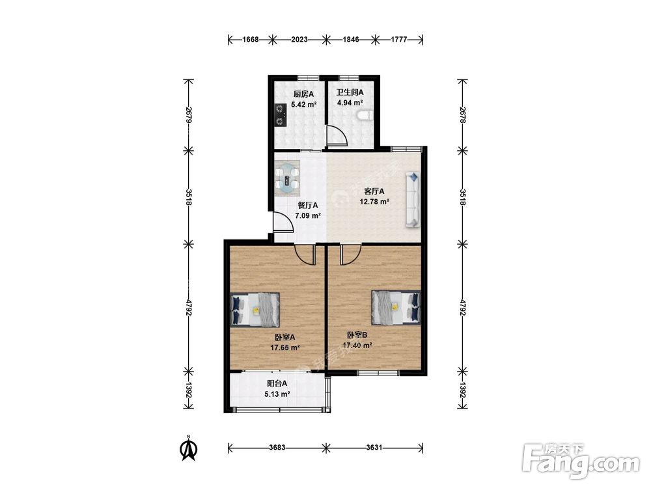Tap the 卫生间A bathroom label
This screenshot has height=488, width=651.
tap(350, 92)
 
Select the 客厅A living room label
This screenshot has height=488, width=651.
tap(374, 191)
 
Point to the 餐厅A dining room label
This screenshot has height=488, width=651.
tap(308, 206)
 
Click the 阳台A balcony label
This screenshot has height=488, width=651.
tap(277, 384)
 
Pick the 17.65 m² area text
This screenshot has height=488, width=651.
tap(285, 347)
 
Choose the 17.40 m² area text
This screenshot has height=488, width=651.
tap(357, 346)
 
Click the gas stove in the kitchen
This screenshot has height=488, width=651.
tap(281, 115)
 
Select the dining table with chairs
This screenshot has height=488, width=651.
tap(287, 178)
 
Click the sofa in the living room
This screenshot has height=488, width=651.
tap(413, 200)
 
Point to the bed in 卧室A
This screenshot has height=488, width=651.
tap(255, 310)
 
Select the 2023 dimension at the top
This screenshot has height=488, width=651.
tap(299, 40)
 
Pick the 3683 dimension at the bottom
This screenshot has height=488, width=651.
tap(277, 448)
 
